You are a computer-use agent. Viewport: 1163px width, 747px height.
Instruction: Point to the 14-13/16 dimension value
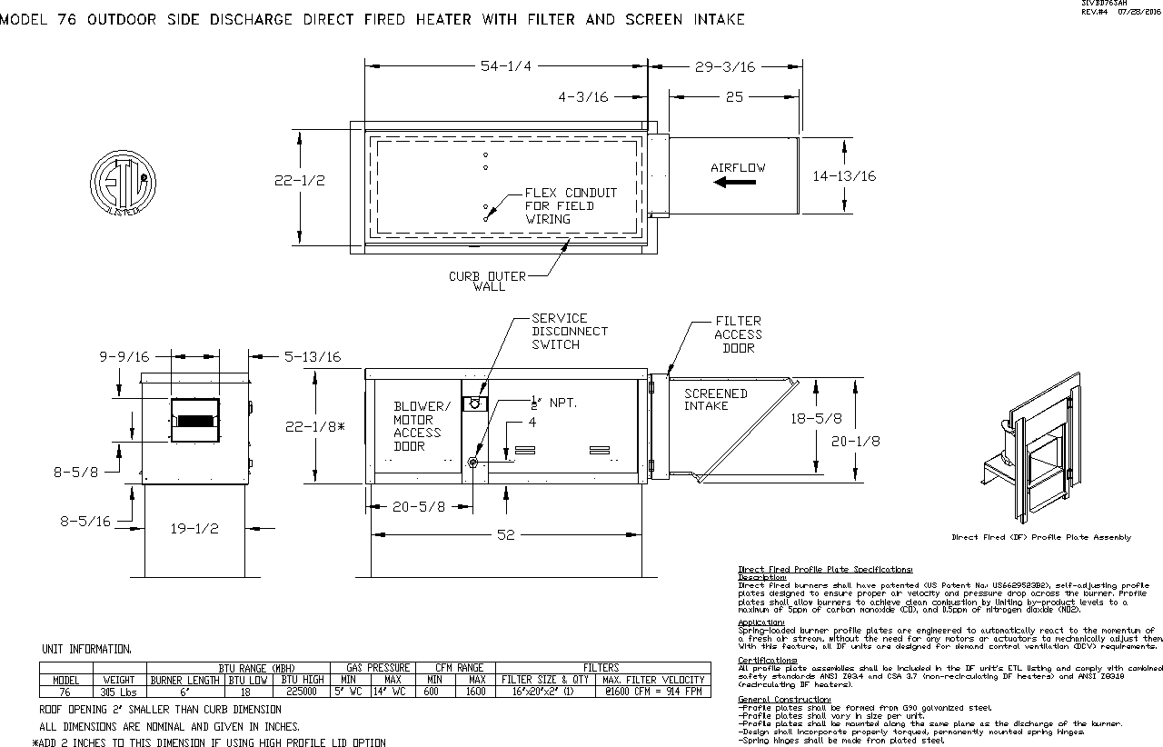pyautogui.click(x=844, y=176)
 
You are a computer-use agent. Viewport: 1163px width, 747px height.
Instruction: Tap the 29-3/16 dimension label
pyautogui.click(x=724, y=66)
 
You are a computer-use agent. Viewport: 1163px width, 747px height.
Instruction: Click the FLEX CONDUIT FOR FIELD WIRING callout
pyautogui.click(x=570, y=205)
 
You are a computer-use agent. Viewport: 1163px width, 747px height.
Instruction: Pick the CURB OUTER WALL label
pyautogui.click(x=487, y=282)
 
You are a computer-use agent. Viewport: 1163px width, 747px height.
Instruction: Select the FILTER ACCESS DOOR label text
pyautogui.click(x=738, y=334)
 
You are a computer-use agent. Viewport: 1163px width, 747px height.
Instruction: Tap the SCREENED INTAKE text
pyautogui.click(x=715, y=400)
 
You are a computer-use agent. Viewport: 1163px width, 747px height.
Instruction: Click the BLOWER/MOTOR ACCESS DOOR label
pyautogui.click(x=421, y=426)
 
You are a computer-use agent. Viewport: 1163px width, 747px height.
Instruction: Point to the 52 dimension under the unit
pyautogui.click(x=505, y=535)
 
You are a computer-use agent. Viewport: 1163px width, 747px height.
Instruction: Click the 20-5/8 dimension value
pyautogui.click(x=419, y=507)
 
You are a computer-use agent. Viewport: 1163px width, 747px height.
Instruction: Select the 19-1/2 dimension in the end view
pyautogui.click(x=194, y=528)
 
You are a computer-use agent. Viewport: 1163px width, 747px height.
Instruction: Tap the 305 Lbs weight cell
pyautogui.click(x=119, y=692)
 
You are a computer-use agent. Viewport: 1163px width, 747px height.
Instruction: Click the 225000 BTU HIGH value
pyautogui.click(x=303, y=692)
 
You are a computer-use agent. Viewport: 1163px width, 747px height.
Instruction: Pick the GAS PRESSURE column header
pyautogui.click(x=378, y=668)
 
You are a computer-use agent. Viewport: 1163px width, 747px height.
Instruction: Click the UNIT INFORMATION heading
pyautogui.click(x=86, y=649)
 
